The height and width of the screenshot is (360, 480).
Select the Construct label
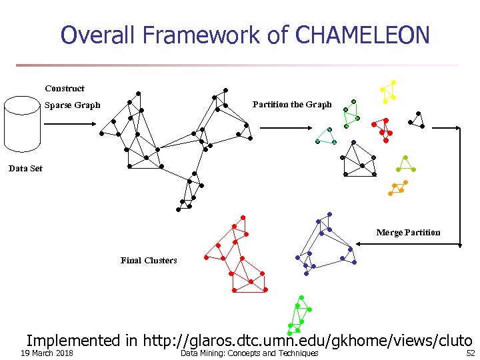65,88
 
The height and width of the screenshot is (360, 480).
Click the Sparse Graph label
72,105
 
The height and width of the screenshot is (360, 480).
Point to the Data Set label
25,169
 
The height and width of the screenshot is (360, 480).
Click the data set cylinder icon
23,125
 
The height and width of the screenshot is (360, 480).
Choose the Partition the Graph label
292,105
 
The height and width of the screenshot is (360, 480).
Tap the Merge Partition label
408,233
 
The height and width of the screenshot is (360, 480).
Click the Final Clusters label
149,260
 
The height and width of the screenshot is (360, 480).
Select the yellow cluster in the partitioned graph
388,91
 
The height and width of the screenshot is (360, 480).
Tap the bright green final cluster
300,314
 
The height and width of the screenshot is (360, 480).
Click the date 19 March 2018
47,353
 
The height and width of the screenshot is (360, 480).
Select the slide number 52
470,353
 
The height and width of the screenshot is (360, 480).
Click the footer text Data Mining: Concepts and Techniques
249,353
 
